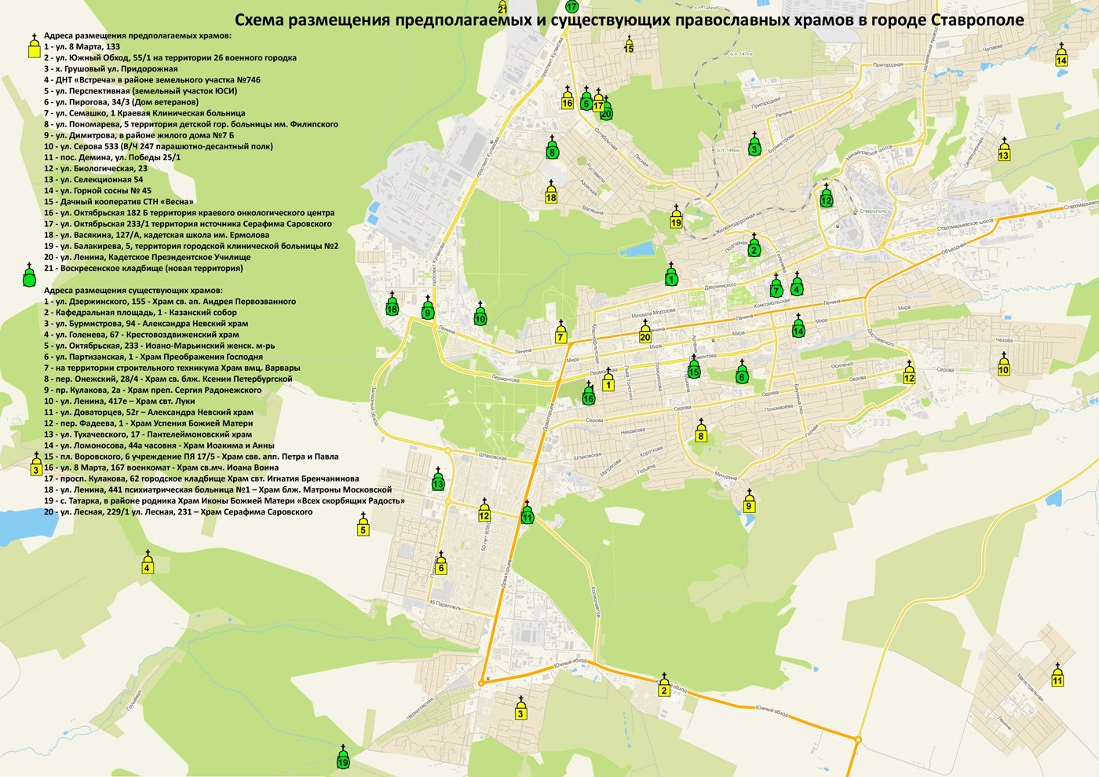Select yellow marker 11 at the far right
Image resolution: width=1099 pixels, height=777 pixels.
(x=1057, y=677)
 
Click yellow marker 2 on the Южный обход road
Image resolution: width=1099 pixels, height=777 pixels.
(x=664, y=687)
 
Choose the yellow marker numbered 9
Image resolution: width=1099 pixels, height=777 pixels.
(x=749, y=503)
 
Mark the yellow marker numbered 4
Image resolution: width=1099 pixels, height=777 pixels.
(x=147, y=564)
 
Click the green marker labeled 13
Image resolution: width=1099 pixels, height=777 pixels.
(x=438, y=481)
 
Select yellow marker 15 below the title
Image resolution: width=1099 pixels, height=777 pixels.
(x=629, y=46)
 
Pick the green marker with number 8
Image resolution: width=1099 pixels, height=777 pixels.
(x=552, y=149)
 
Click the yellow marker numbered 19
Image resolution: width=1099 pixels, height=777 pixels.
(x=676, y=219)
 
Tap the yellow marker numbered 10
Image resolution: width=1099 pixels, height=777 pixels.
(x=1003, y=366)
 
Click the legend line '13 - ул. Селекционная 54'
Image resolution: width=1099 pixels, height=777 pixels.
(x=93, y=179)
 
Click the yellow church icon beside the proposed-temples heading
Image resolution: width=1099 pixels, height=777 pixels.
(x=33, y=48)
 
